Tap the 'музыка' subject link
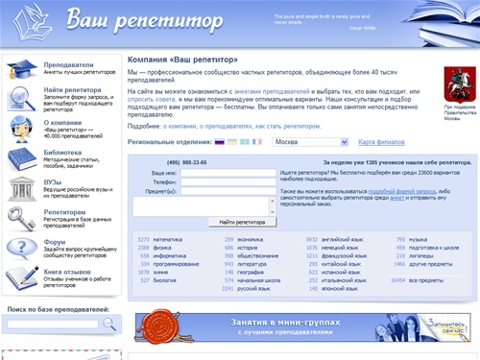tap(419, 238)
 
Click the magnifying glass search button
tap(108, 324)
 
